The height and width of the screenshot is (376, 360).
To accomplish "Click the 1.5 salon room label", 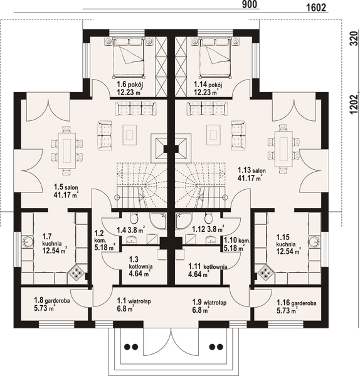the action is tap(66, 191).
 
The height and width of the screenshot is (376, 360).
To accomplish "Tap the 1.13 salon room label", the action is tap(251, 174).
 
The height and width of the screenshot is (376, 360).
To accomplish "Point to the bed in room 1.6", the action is tap(129, 58).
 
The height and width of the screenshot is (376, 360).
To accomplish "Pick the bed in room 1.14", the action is tap(216, 58).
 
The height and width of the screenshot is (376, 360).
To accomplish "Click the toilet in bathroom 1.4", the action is tap(134, 217).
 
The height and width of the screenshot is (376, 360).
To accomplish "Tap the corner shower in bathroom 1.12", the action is tap(184, 221).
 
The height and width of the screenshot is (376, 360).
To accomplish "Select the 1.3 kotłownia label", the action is tap(140, 266).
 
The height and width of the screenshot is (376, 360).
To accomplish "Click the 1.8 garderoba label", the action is tap(52, 304).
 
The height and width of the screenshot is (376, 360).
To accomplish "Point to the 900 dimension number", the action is tap(250, 4).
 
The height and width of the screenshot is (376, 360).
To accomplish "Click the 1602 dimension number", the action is tap(316, 8).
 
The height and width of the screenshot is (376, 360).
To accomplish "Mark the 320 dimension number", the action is tap(353, 38).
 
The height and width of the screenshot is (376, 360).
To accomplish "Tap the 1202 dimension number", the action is tap(353, 105).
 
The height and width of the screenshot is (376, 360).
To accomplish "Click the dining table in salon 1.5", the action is tap(66, 150).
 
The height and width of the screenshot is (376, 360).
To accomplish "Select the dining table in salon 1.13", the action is tap(283, 149).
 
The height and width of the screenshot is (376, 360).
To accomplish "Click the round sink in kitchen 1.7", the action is tap(28, 242).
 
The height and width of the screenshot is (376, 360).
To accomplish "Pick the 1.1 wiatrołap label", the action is tap(134, 305).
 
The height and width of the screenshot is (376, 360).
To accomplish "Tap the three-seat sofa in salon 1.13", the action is tap(206, 108).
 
